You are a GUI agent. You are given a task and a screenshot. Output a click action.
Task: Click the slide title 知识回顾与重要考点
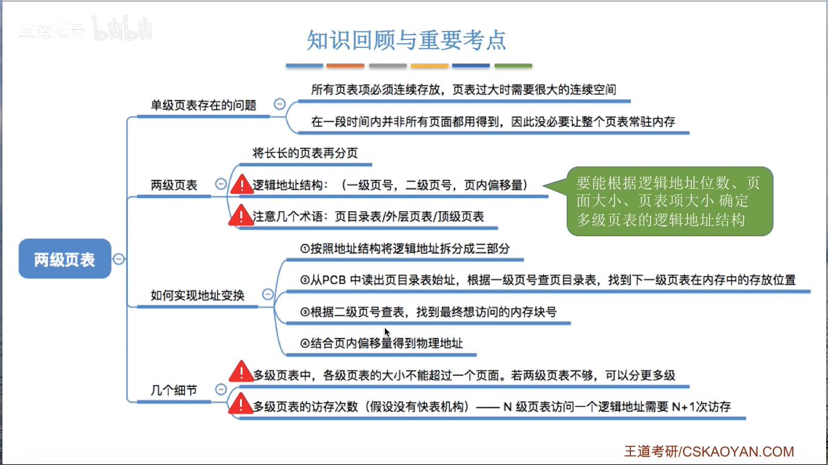[x=406, y=41]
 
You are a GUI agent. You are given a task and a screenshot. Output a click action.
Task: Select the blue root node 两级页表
[x=65, y=259]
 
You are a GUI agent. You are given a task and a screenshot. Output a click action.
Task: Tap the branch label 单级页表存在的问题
[x=203, y=105]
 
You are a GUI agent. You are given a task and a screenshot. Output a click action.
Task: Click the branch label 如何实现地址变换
[x=198, y=295]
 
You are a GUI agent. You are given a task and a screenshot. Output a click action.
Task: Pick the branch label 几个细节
[x=174, y=391]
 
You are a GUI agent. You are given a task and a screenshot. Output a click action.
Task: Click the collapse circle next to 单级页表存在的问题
[x=279, y=104]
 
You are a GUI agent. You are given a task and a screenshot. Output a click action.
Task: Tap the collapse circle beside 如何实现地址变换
[x=268, y=294]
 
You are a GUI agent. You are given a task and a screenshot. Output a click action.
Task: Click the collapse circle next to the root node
[x=119, y=259]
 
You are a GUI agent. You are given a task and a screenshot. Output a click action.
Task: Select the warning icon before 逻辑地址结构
[x=242, y=185]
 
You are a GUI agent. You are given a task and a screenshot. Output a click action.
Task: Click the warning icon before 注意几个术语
[x=241, y=216]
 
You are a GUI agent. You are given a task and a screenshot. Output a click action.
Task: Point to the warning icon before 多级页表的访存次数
[x=241, y=404]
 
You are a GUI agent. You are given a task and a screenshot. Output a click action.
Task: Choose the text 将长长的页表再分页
[x=305, y=153]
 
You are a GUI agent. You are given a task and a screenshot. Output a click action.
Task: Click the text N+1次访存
[x=701, y=407]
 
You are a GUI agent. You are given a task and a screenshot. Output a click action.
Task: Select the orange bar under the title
[x=345, y=65]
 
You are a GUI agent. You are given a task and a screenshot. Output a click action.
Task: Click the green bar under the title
[x=513, y=65]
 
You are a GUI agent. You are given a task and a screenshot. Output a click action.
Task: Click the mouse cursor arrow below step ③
[x=387, y=332]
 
